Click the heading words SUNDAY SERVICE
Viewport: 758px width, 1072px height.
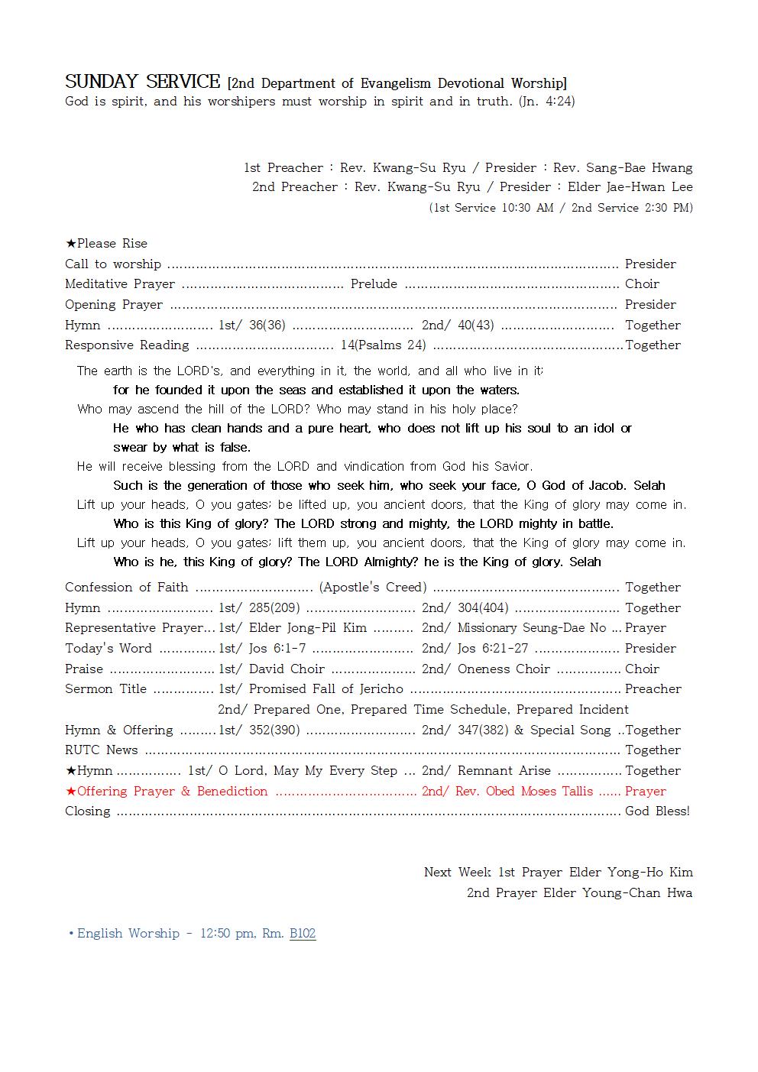tap(142, 82)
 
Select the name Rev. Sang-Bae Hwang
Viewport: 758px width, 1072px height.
tap(623, 167)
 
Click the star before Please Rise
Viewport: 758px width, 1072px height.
tap(70, 244)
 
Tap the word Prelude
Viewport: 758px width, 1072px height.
tap(374, 284)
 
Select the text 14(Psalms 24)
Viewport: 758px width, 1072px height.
tap(384, 345)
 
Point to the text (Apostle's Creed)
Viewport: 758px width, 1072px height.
tap(373, 588)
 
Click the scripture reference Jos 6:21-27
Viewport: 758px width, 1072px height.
tap(493, 649)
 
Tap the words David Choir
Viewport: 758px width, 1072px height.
tap(287, 669)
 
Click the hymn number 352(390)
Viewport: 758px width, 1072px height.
tap(274, 730)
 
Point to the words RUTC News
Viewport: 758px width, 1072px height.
tap(102, 750)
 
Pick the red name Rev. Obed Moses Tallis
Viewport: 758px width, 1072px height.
tap(524, 792)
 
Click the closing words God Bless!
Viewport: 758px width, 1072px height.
tap(657, 811)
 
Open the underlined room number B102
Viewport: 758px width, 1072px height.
tap(303, 934)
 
